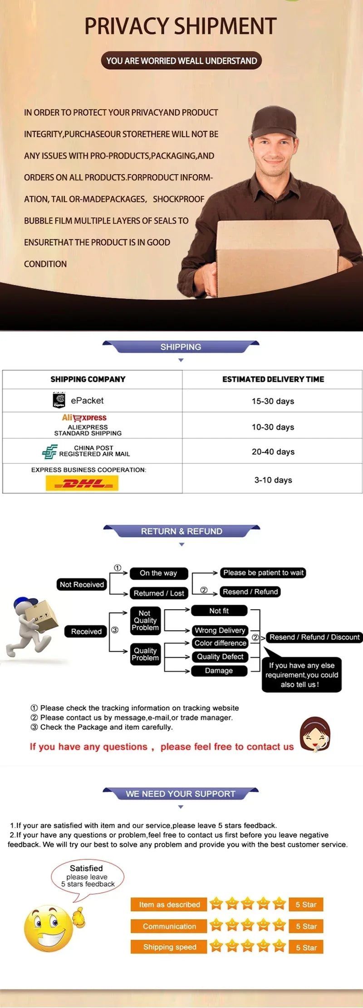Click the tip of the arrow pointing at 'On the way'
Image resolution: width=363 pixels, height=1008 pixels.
128,573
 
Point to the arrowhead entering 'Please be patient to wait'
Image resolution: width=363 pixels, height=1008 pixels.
218,573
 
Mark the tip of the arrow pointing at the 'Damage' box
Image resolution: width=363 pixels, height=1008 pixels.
190,671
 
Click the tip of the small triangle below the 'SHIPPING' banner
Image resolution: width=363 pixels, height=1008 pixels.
181,362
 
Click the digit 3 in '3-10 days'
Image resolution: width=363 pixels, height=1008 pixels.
257,480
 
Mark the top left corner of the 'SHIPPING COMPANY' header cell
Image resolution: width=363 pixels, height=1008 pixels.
3,370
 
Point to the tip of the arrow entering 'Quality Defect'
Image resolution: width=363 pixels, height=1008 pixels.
190,657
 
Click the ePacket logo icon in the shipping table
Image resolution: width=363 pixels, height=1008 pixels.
59,400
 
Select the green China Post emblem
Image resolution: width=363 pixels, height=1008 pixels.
49,451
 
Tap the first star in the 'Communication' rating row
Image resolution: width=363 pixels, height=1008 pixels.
216,925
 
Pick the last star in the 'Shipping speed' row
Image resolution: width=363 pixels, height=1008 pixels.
279,945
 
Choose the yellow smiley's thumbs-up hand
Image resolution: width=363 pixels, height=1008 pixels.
79,916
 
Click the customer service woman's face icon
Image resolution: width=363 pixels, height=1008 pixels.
315,734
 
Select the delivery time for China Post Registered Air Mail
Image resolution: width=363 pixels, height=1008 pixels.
273,451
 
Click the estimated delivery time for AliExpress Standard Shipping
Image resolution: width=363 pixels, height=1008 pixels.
273,427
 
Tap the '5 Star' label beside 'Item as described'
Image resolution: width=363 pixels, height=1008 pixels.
306,904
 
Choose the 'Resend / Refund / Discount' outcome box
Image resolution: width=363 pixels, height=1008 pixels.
314,637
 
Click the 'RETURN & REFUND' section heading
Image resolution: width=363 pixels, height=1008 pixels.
181,531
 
